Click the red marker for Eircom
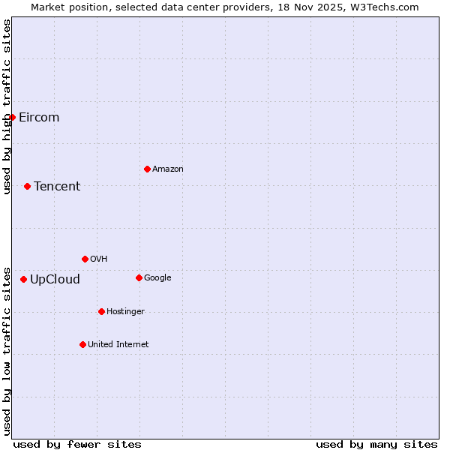[12, 117]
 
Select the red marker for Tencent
[27, 186]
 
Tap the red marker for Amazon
[147, 169]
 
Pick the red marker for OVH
[85, 259]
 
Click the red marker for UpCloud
[23, 279]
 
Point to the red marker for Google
[139, 277]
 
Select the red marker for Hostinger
[101, 311]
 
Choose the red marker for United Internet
[82, 344]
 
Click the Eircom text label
[39, 118]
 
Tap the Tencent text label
[57, 187]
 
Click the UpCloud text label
[55, 280]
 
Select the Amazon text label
[168, 169]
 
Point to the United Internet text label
[118, 345]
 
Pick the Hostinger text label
[125, 312]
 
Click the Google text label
[157, 278]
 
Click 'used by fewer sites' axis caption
[77, 444]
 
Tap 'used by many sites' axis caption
[376, 444]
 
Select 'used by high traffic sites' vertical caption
[7, 106]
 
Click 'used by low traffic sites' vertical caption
[7, 350]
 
